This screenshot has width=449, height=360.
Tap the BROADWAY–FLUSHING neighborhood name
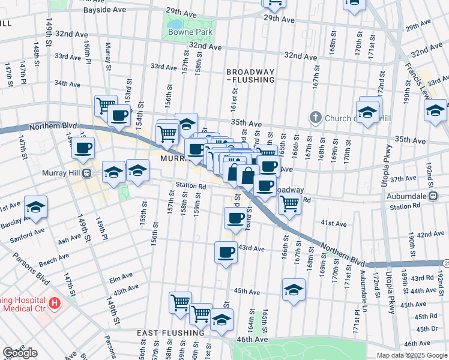click(250, 75)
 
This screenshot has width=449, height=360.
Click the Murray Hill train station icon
click(86, 173)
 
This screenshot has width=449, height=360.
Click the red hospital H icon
click(56, 303)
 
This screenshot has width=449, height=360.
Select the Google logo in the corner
click(20, 353)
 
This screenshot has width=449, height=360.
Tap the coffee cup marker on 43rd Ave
click(226, 252)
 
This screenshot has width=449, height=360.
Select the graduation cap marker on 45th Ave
click(294, 290)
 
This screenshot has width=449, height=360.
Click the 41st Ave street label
click(334, 224)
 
